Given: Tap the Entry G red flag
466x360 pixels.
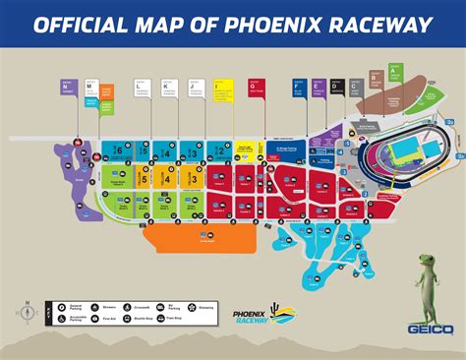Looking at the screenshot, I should coord(257,88).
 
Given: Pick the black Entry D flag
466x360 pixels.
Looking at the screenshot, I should coord(336,88).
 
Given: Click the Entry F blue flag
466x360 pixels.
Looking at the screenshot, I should coord(298,88).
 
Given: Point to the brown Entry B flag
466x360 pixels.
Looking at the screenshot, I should coord(376,79).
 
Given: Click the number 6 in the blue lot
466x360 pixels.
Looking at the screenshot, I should coord(118,150).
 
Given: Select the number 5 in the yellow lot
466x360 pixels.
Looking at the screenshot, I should coord(145,179).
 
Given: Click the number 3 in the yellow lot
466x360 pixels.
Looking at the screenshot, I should coord(195,179).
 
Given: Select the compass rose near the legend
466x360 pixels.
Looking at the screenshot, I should coord(28,313).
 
